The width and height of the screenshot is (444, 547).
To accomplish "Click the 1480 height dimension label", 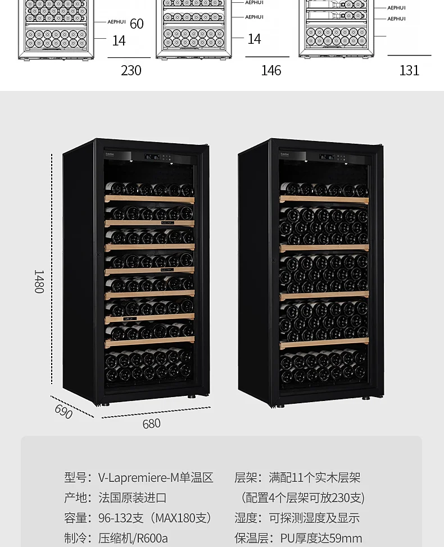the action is point(39,281).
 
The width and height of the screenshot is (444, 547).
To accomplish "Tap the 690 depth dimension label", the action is point(64,411).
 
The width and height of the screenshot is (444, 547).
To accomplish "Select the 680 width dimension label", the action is point(151,424).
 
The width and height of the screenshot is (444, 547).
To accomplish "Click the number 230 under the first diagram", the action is point(131,70).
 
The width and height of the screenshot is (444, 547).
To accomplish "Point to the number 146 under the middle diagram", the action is point(271,70).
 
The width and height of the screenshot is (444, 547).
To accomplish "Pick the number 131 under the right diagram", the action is point(409,70).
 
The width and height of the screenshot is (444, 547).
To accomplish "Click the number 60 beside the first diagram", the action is point(137,24).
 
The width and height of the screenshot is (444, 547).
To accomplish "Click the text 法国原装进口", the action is point(132,498).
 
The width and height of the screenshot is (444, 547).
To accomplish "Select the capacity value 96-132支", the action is point(121,518).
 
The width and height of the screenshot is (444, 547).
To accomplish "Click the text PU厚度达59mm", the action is point(321,538).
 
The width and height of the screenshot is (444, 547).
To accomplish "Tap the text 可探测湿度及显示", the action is point(314,518).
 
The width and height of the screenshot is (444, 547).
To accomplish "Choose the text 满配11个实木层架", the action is point(315,478).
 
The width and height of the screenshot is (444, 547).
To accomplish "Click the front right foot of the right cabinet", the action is point(366,398).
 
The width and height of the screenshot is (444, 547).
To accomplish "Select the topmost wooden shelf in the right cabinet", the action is point(324,199).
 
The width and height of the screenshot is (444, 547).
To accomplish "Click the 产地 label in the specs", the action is point(76,498).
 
